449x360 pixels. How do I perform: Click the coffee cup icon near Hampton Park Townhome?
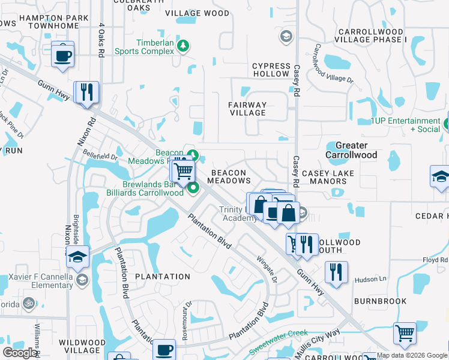(62, 56)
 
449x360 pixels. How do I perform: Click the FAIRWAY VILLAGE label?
(247, 109)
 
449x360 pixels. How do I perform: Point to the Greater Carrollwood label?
(351, 150)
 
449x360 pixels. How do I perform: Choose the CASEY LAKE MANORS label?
(328, 178)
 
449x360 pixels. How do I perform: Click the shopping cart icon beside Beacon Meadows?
(184, 171)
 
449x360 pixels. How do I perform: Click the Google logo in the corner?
(20, 352)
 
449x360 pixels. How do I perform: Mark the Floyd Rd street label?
(435, 260)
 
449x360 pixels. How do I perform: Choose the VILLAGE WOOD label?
(197, 13)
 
